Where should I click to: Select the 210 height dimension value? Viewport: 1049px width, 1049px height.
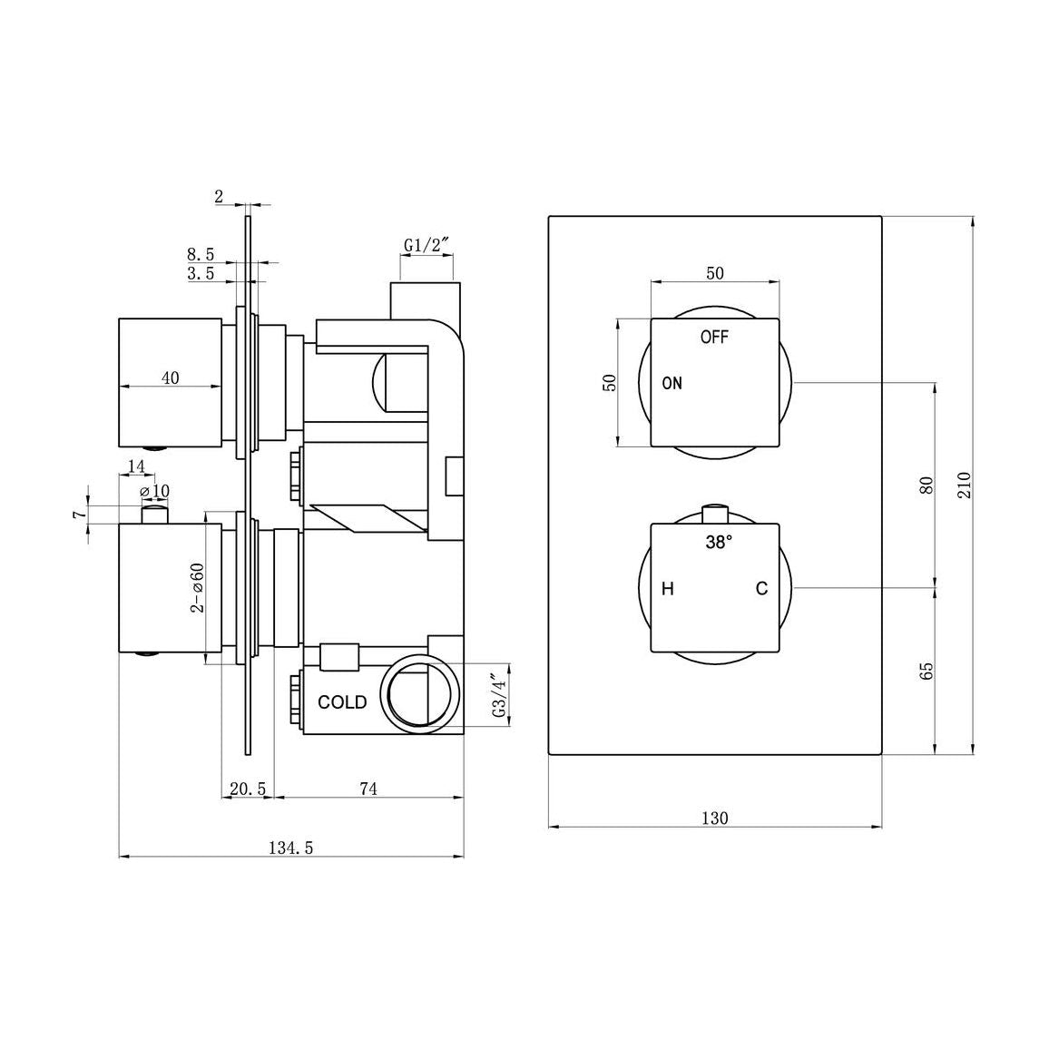coord(964,485)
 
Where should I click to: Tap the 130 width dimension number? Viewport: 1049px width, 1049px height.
coord(715,819)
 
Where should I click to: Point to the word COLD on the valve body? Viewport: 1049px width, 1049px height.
coord(342,702)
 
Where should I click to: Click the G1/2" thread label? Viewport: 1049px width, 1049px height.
coord(424,245)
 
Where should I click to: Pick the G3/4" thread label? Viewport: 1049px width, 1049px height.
coord(496,697)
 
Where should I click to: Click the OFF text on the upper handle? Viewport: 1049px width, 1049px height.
coord(714,338)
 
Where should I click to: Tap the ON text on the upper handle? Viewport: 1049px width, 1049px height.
coord(672,383)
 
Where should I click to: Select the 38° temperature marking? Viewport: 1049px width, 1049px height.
coord(719,544)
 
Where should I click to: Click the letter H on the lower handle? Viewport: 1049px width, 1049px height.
coord(668,589)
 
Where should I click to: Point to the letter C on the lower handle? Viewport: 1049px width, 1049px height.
coord(762,589)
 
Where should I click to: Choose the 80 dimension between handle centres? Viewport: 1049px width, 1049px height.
coord(926,485)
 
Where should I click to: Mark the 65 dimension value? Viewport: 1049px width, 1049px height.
coord(926,672)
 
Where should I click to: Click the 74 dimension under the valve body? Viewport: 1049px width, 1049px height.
coord(368,789)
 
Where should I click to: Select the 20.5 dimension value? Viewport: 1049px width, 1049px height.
coord(247,789)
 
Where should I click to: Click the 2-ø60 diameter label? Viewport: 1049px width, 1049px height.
coord(197,587)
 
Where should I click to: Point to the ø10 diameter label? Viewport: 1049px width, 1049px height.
coord(154,491)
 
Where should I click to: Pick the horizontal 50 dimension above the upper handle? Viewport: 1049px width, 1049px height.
coord(715,273)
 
